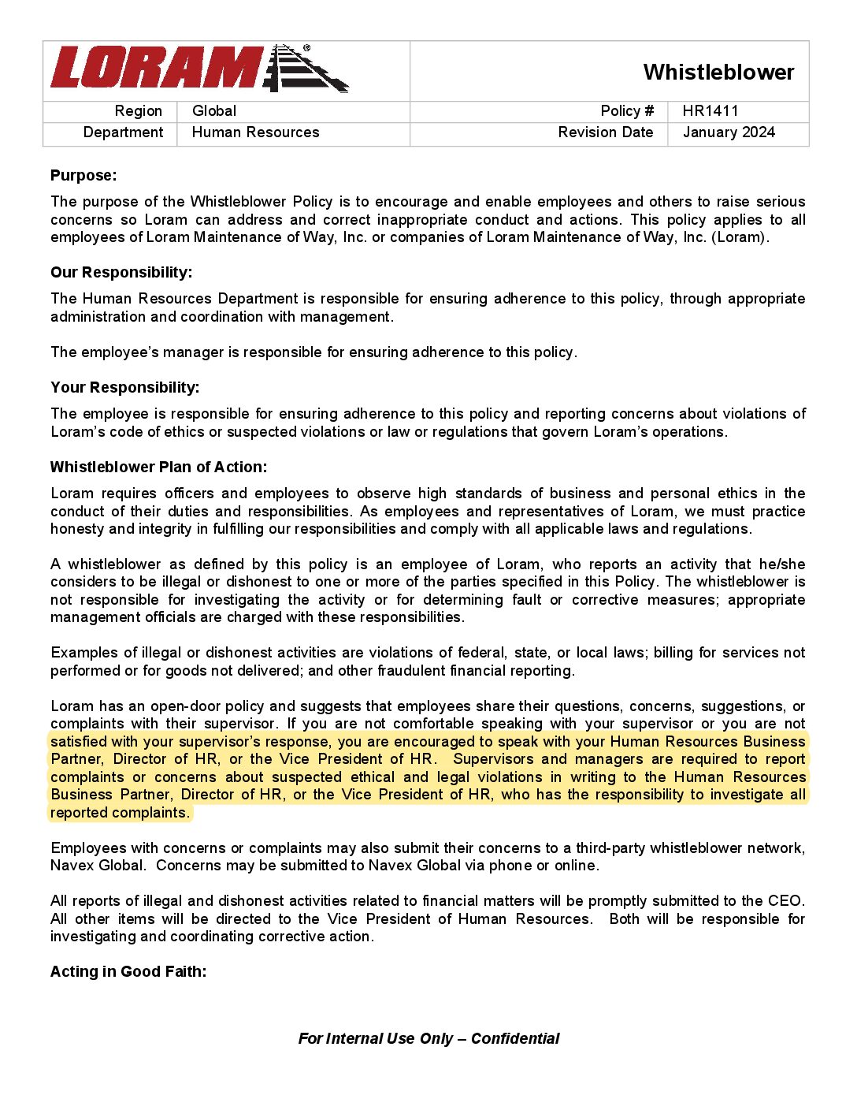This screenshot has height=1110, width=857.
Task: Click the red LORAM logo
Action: tap(158, 68)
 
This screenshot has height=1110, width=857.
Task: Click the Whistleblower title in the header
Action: tap(718, 73)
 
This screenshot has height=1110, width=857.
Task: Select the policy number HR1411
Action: tap(710, 111)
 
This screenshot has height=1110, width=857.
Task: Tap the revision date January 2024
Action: tap(729, 132)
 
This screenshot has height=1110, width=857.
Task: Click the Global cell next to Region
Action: tap(214, 111)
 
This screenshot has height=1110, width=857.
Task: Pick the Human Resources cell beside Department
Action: tap(255, 132)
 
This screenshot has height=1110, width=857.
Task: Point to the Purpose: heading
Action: tap(83, 175)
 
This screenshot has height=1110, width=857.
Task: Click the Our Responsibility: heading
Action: tap(121, 272)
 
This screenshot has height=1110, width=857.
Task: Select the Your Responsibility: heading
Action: tap(124, 387)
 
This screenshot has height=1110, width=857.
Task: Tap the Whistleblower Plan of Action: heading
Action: tap(158, 467)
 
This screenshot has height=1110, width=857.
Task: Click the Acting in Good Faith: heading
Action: tap(128, 971)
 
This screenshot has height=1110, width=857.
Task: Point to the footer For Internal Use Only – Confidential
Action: tap(428, 1038)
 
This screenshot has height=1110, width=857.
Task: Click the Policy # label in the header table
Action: tap(627, 111)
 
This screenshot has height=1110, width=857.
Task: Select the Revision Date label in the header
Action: tap(605, 132)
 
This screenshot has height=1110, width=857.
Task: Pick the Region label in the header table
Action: tap(139, 111)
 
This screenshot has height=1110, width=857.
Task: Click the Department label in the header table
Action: tap(124, 132)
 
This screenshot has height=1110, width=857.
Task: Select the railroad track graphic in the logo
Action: tap(307, 69)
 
